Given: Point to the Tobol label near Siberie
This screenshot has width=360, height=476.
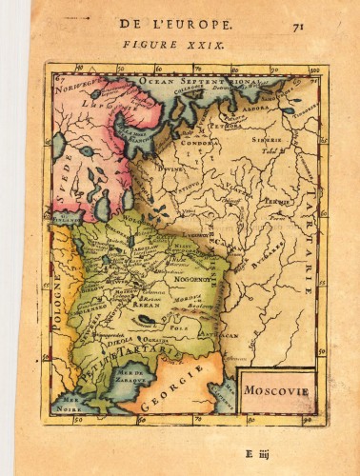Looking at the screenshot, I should (x=272, y=151).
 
